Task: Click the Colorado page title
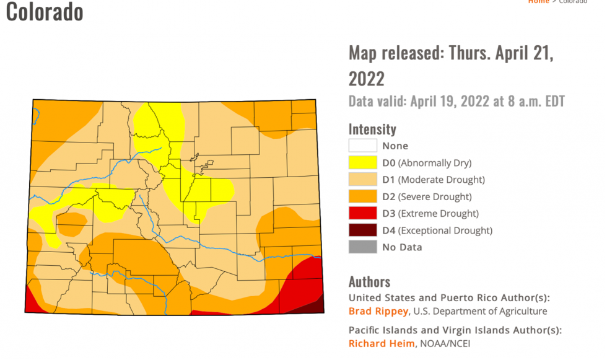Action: [x=45, y=12]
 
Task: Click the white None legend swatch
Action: [x=362, y=146]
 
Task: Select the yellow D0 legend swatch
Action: [x=362, y=163]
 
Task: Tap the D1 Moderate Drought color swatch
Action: [x=362, y=180]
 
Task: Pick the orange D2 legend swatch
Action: [x=362, y=196]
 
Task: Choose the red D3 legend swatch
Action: [x=362, y=213]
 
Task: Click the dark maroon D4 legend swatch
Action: [x=362, y=230]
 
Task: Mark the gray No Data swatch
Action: [x=362, y=247]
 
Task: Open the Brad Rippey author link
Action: [x=378, y=311]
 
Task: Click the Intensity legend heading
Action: [x=372, y=129]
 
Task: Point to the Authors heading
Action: [x=369, y=281]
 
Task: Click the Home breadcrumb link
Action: [x=538, y=2]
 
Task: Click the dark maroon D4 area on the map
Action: [x=317, y=307]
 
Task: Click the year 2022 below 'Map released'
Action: [x=366, y=79]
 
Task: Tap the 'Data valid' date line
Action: [x=456, y=101]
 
